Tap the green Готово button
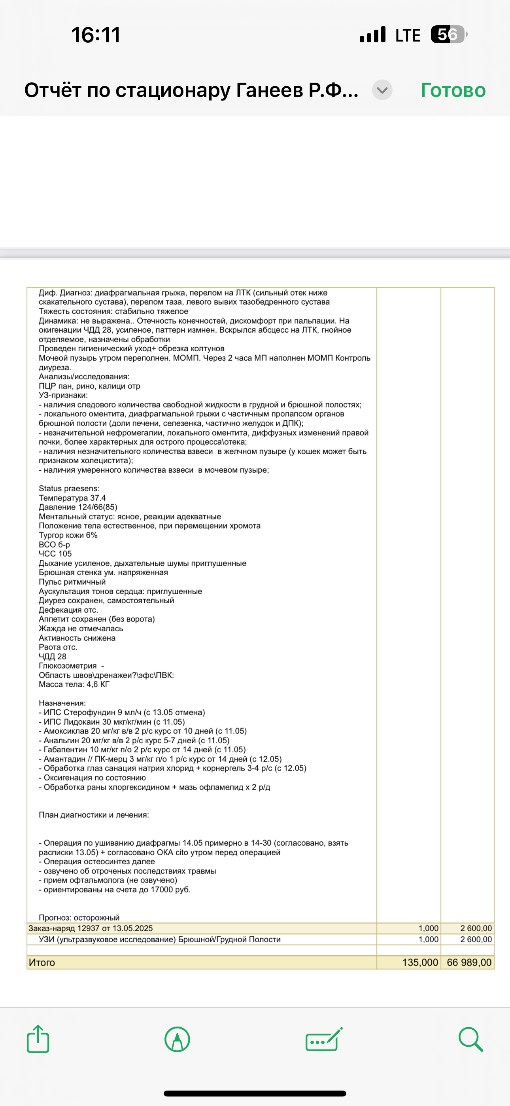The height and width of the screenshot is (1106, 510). tap(453, 90)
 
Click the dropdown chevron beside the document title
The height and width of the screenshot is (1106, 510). tap(382, 90)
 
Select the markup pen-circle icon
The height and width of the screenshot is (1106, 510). tap(177, 1040)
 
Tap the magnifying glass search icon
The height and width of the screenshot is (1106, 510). tap(470, 1039)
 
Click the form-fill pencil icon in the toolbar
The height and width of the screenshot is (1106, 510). tap(324, 1040)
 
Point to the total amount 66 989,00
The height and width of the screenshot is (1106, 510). tap(469, 962)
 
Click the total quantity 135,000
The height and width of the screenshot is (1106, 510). tap(420, 962)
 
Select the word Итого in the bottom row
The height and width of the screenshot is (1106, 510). tap(42, 962)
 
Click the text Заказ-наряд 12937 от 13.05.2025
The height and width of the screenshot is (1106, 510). tap(91, 928)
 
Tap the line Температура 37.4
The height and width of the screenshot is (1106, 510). tap(72, 498)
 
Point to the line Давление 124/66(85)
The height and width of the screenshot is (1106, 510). tap(78, 507)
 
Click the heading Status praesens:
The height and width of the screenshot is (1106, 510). tap(69, 488)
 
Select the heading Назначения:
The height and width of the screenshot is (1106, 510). tap(62, 703)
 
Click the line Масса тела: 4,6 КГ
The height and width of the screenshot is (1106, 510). tap(74, 684)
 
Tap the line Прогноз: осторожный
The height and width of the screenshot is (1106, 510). tap(79, 918)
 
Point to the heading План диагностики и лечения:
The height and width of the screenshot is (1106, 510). tap(94, 815)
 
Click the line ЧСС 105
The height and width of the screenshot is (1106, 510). tap(55, 554)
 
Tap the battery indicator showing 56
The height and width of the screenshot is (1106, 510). tap(448, 35)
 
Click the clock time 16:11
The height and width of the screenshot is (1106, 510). tap(96, 35)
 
